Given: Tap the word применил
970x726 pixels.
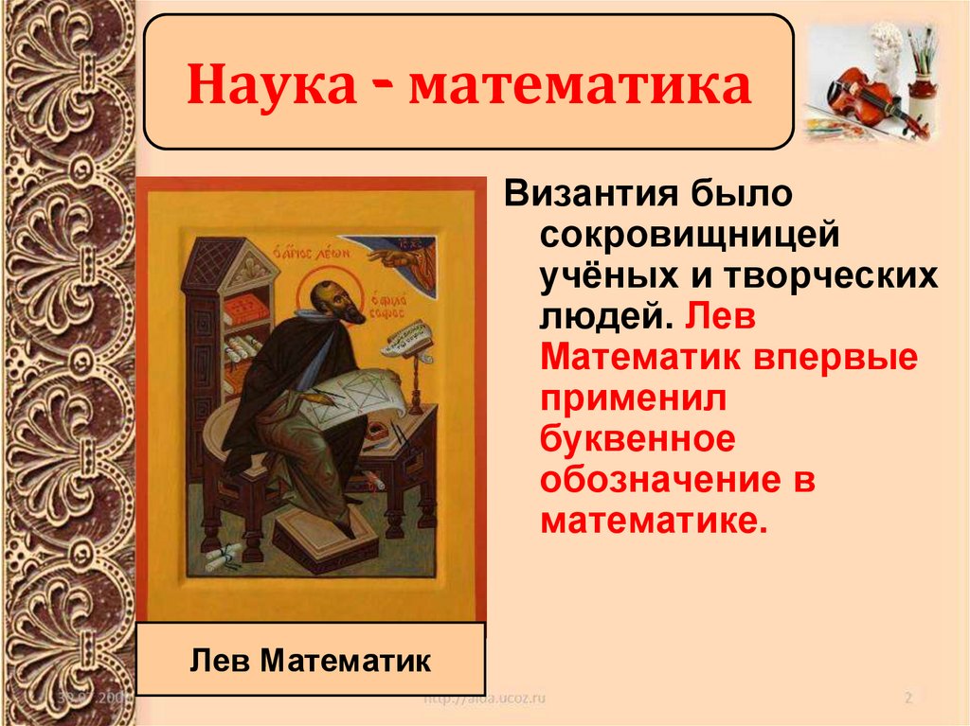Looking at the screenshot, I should click(632, 400).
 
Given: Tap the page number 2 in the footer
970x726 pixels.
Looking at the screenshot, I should click(907, 699).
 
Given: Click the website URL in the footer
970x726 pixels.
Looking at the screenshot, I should click(484, 699).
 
